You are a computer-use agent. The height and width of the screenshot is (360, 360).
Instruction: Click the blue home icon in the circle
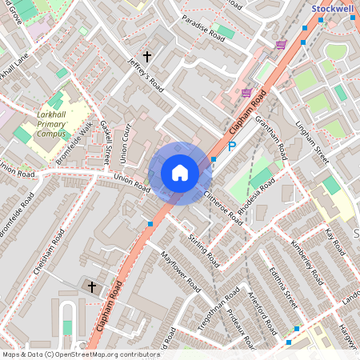[180, 173]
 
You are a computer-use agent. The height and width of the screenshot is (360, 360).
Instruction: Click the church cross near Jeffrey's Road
[146, 56]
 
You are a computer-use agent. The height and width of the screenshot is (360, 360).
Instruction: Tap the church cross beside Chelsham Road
[91, 286]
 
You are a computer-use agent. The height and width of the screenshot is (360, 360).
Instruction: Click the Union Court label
[124, 145]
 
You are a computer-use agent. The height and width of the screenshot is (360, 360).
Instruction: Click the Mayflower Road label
[179, 272]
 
